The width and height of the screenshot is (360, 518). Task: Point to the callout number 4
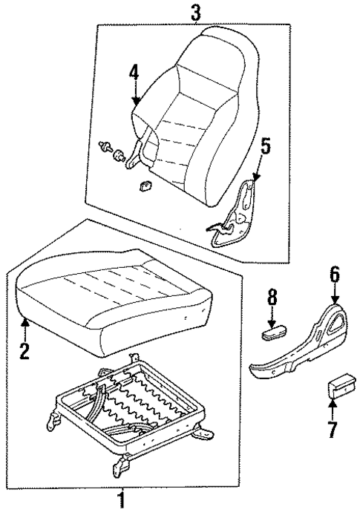click(134, 74)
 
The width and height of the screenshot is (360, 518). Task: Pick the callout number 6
click(335, 275)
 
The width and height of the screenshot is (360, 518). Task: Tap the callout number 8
click(272, 298)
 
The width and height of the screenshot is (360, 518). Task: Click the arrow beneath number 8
click(273, 317)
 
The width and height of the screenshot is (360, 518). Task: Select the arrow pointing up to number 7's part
click(333, 408)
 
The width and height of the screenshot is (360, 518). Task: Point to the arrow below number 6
click(335, 295)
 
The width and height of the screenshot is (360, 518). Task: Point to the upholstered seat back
click(197, 104)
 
